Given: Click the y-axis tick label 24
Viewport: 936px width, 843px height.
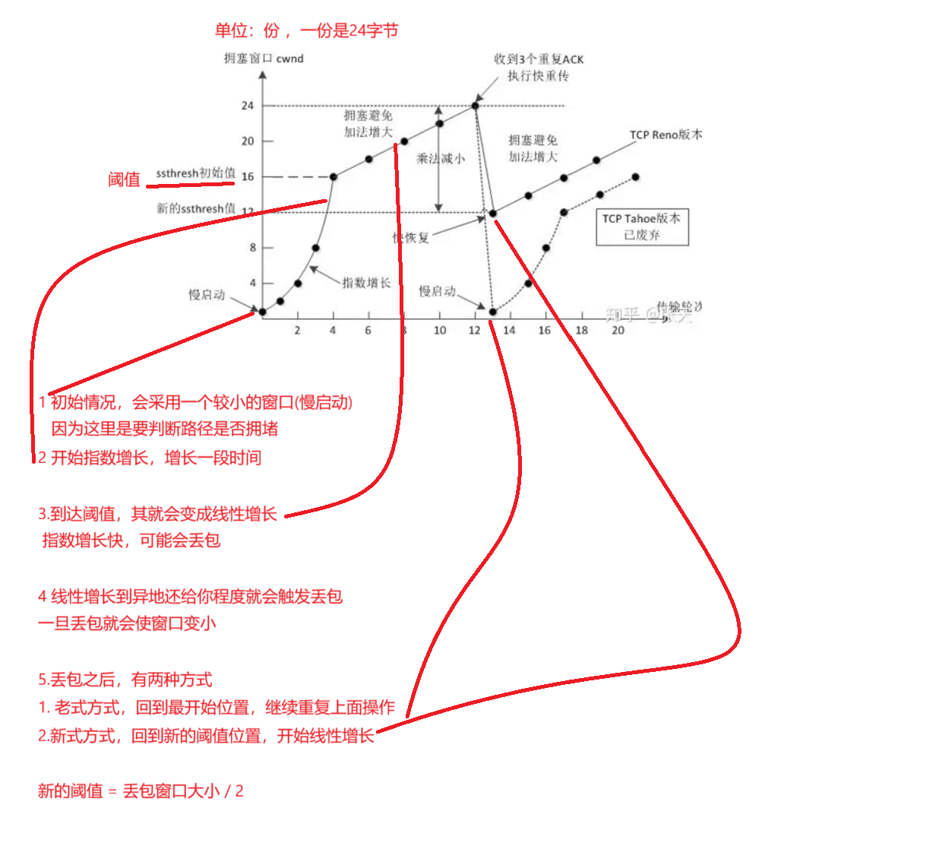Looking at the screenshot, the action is coord(248,106).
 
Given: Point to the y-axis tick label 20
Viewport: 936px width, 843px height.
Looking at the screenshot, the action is coord(248,141).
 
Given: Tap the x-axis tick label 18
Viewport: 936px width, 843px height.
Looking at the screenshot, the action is coord(581,330).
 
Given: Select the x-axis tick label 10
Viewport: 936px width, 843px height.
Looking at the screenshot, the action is coord(440,330).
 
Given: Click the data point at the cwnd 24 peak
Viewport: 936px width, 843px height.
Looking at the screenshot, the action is coord(476,106).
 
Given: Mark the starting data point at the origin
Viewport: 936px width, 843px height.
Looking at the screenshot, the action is coord(262,312).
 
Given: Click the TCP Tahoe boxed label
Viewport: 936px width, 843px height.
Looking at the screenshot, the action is coord(642,227).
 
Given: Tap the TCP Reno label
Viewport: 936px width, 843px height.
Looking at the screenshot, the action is coord(665,135).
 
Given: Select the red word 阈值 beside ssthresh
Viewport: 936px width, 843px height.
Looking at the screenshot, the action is coord(124,179).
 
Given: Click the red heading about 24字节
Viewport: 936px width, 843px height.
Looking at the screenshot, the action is coord(306,30).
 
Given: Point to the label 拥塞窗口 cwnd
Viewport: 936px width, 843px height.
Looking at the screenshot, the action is coord(264,59).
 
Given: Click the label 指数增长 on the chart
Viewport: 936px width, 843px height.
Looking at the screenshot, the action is coord(366,283).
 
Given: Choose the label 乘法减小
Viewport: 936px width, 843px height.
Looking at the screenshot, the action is coord(440,159).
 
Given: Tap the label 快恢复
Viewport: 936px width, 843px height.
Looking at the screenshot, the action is coord(411,237).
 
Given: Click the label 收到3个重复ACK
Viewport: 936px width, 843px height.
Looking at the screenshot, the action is coord(539,59).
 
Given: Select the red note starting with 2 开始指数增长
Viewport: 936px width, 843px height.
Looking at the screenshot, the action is coord(150,458).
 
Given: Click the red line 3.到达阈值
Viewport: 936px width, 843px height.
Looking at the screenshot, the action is coord(157,514).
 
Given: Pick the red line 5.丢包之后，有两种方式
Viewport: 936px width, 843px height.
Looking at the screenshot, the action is coord(125,680).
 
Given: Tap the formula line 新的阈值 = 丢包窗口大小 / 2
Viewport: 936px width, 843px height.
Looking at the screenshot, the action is coord(141,791).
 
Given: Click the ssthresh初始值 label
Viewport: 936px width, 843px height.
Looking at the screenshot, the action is coord(196,173).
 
